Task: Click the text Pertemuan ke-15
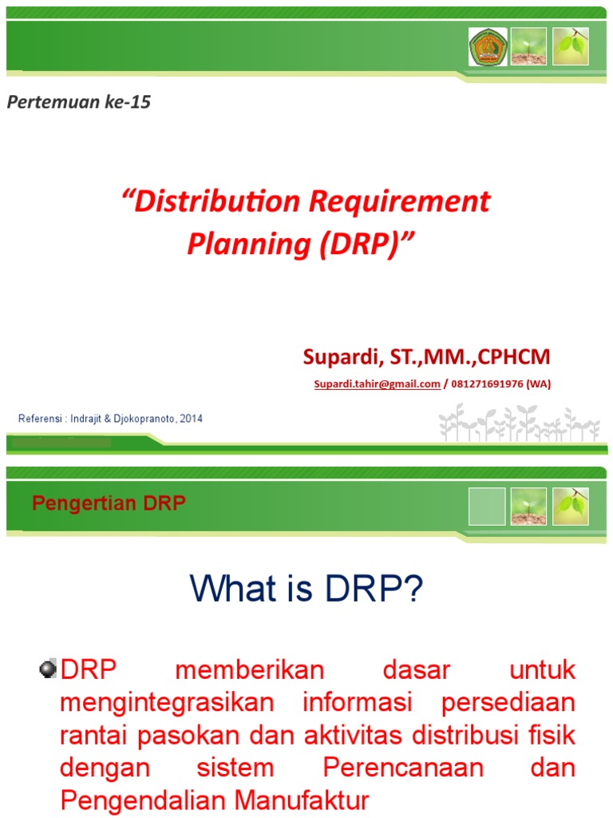(x=79, y=102)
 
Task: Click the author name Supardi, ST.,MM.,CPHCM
(x=426, y=356)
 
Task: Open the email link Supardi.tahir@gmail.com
(x=377, y=384)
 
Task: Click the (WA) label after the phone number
(x=538, y=384)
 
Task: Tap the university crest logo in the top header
(x=487, y=46)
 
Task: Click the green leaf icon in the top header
(x=570, y=46)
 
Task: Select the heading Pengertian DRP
(x=109, y=503)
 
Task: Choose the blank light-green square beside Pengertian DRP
(x=487, y=506)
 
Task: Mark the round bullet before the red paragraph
(x=47, y=669)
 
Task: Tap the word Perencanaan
(x=404, y=768)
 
